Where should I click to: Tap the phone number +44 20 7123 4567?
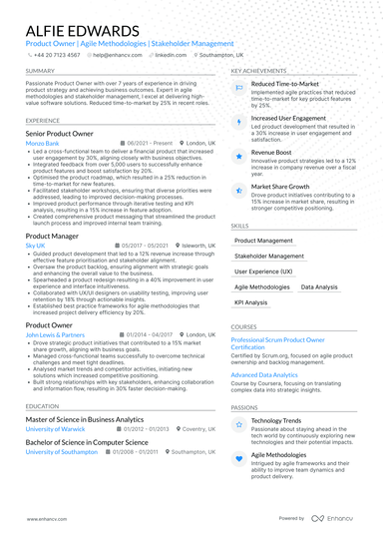click(x=54, y=55)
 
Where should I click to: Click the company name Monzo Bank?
click(x=42, y=144)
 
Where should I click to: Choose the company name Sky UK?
click(x=35, y=245)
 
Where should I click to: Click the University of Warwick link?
click(x=56, y=429)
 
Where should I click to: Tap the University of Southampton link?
click(x=63, y=451)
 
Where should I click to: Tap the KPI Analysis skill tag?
click(x=250, y=301)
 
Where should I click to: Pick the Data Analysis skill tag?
click(x=318, y=286)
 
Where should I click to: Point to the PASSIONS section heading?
click(x=244, y=407)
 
